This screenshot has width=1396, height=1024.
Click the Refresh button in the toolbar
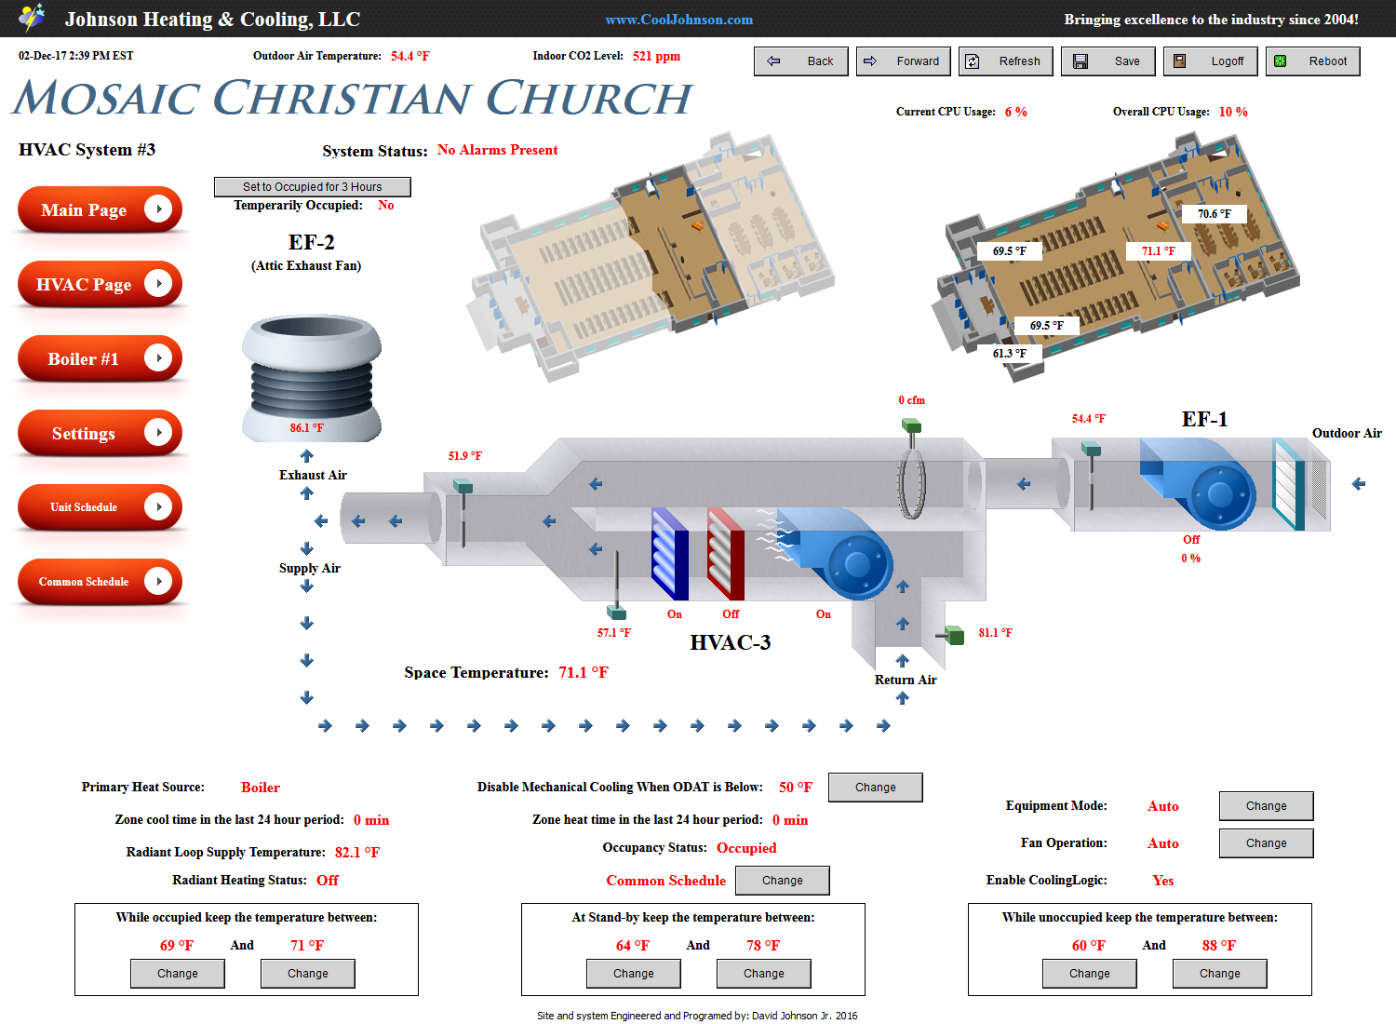(1005, 61)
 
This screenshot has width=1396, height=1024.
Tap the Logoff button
(1210, 61)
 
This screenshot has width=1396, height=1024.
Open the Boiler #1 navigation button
(100, 358)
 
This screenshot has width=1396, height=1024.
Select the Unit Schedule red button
(100, 506)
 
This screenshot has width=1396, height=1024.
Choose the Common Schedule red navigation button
(100, 582)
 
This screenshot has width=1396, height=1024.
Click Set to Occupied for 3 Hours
(312, 186)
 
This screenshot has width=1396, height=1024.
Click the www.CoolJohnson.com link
(678, 20)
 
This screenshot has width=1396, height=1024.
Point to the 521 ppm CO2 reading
(656, 56)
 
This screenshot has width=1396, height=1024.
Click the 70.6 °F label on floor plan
(1214, 214)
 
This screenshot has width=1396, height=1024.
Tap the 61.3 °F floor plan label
(1009, 354)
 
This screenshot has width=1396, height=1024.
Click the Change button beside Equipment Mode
(1266, 806)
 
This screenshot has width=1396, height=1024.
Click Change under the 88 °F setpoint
(1219, 974)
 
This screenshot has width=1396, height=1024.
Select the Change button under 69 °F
(178, 974)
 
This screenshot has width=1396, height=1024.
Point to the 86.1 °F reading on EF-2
(306, 428)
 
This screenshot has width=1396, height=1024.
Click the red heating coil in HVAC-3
(725, 554)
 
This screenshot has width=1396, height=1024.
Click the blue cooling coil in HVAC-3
(669, 554)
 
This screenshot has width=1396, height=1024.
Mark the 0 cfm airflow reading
(912, 400)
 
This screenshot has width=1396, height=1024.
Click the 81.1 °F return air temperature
(995, 633)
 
